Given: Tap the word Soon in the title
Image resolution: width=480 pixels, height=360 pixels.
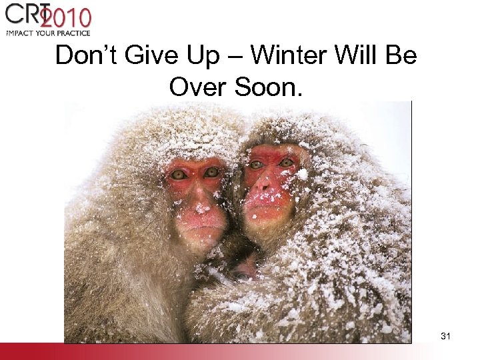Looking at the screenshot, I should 271,86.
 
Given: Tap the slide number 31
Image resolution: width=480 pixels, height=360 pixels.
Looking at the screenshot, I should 445,337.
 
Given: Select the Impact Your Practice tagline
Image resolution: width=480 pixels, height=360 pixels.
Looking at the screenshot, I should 47,32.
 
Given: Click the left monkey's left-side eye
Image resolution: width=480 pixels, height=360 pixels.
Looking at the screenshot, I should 178,175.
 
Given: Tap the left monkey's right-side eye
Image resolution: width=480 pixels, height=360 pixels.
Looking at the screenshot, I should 211,172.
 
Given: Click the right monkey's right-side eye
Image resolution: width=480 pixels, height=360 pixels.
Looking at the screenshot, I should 287,162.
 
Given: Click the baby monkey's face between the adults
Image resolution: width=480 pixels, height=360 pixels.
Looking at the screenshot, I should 243,270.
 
